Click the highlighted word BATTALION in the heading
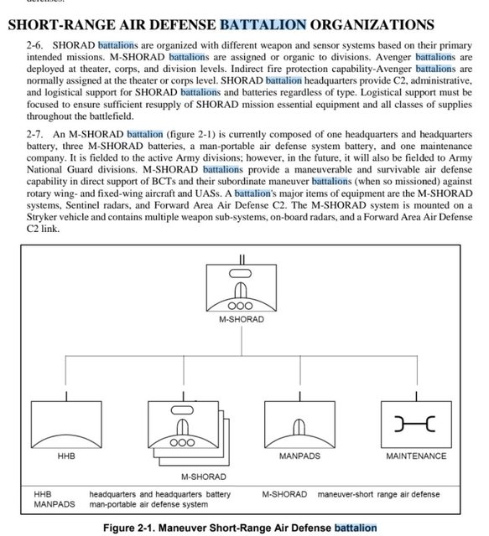(263, 25)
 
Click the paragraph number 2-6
(34, 45)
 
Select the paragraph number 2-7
(34, 134)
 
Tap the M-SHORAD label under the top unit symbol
(242, 319)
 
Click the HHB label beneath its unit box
(66, 456)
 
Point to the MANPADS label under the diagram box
(299, 456)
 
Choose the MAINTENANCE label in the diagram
(416, 456)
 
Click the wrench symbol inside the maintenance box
(414, 424)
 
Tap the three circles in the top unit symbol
(240, 306)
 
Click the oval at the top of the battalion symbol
(240, 274)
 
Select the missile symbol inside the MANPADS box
(299, 427)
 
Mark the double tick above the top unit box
(242, 260)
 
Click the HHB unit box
(66, 425)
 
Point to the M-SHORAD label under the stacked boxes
(204, 477)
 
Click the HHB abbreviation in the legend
(43, 494)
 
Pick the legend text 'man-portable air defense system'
(148, 504)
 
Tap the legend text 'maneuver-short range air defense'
(379, 494)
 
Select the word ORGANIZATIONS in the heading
(372, 25)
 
